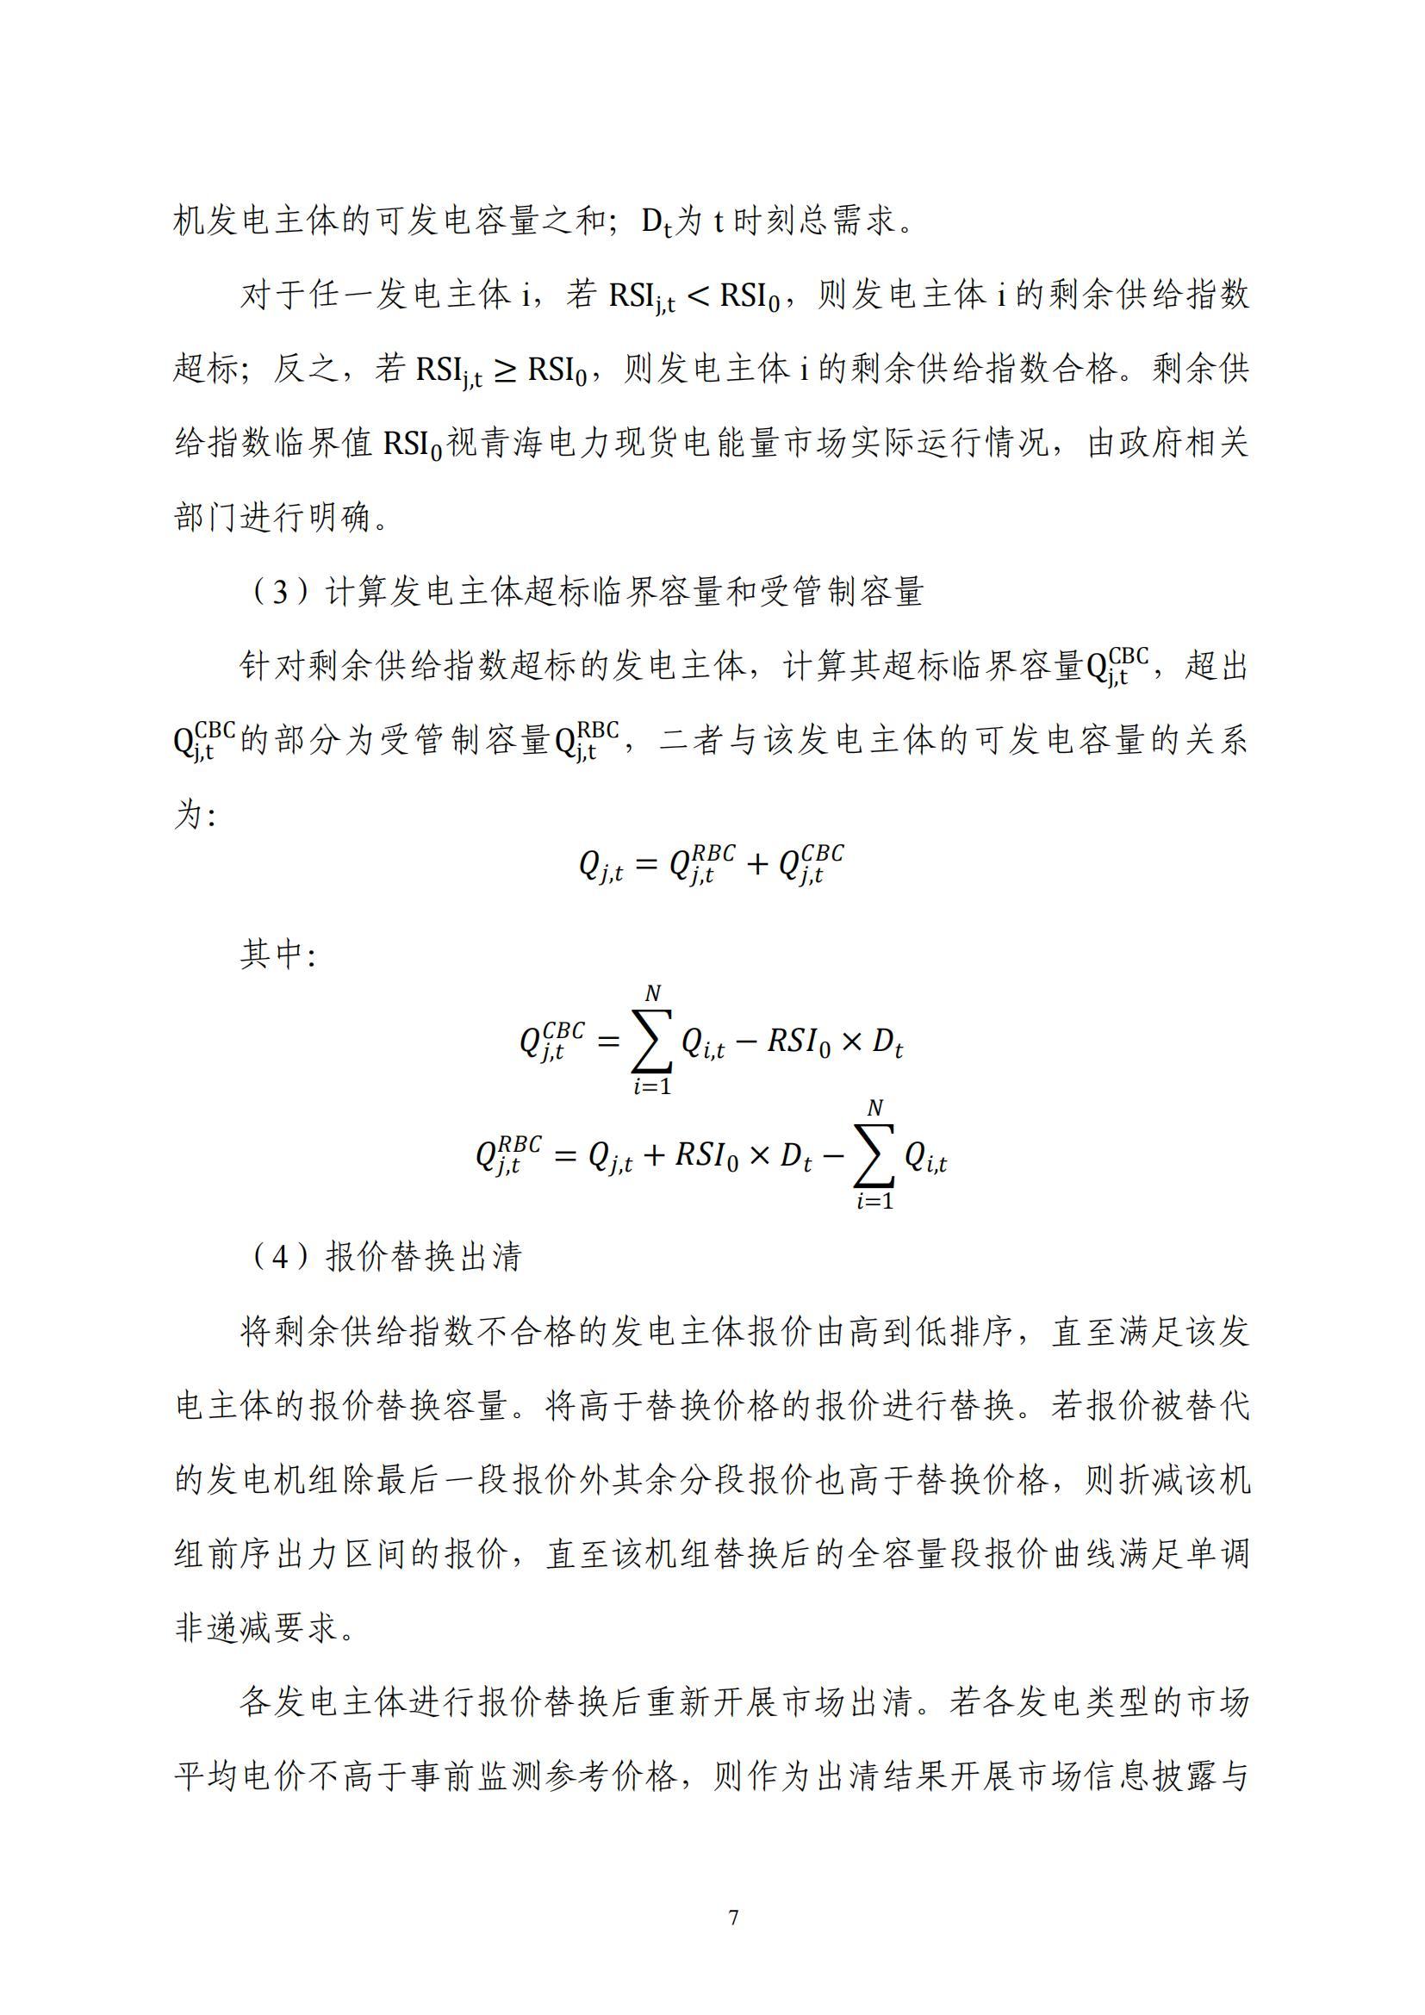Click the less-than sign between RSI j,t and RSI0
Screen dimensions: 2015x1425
(x=698, y=296)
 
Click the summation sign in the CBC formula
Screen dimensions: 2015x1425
(x=652, y=1042)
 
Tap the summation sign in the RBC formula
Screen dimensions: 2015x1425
(x=874, y=1156)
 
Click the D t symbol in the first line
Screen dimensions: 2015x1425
(x=656, y=222)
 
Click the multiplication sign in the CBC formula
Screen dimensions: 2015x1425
(x=850, y=1042)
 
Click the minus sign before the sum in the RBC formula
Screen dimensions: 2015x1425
(x=835, y=1157)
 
